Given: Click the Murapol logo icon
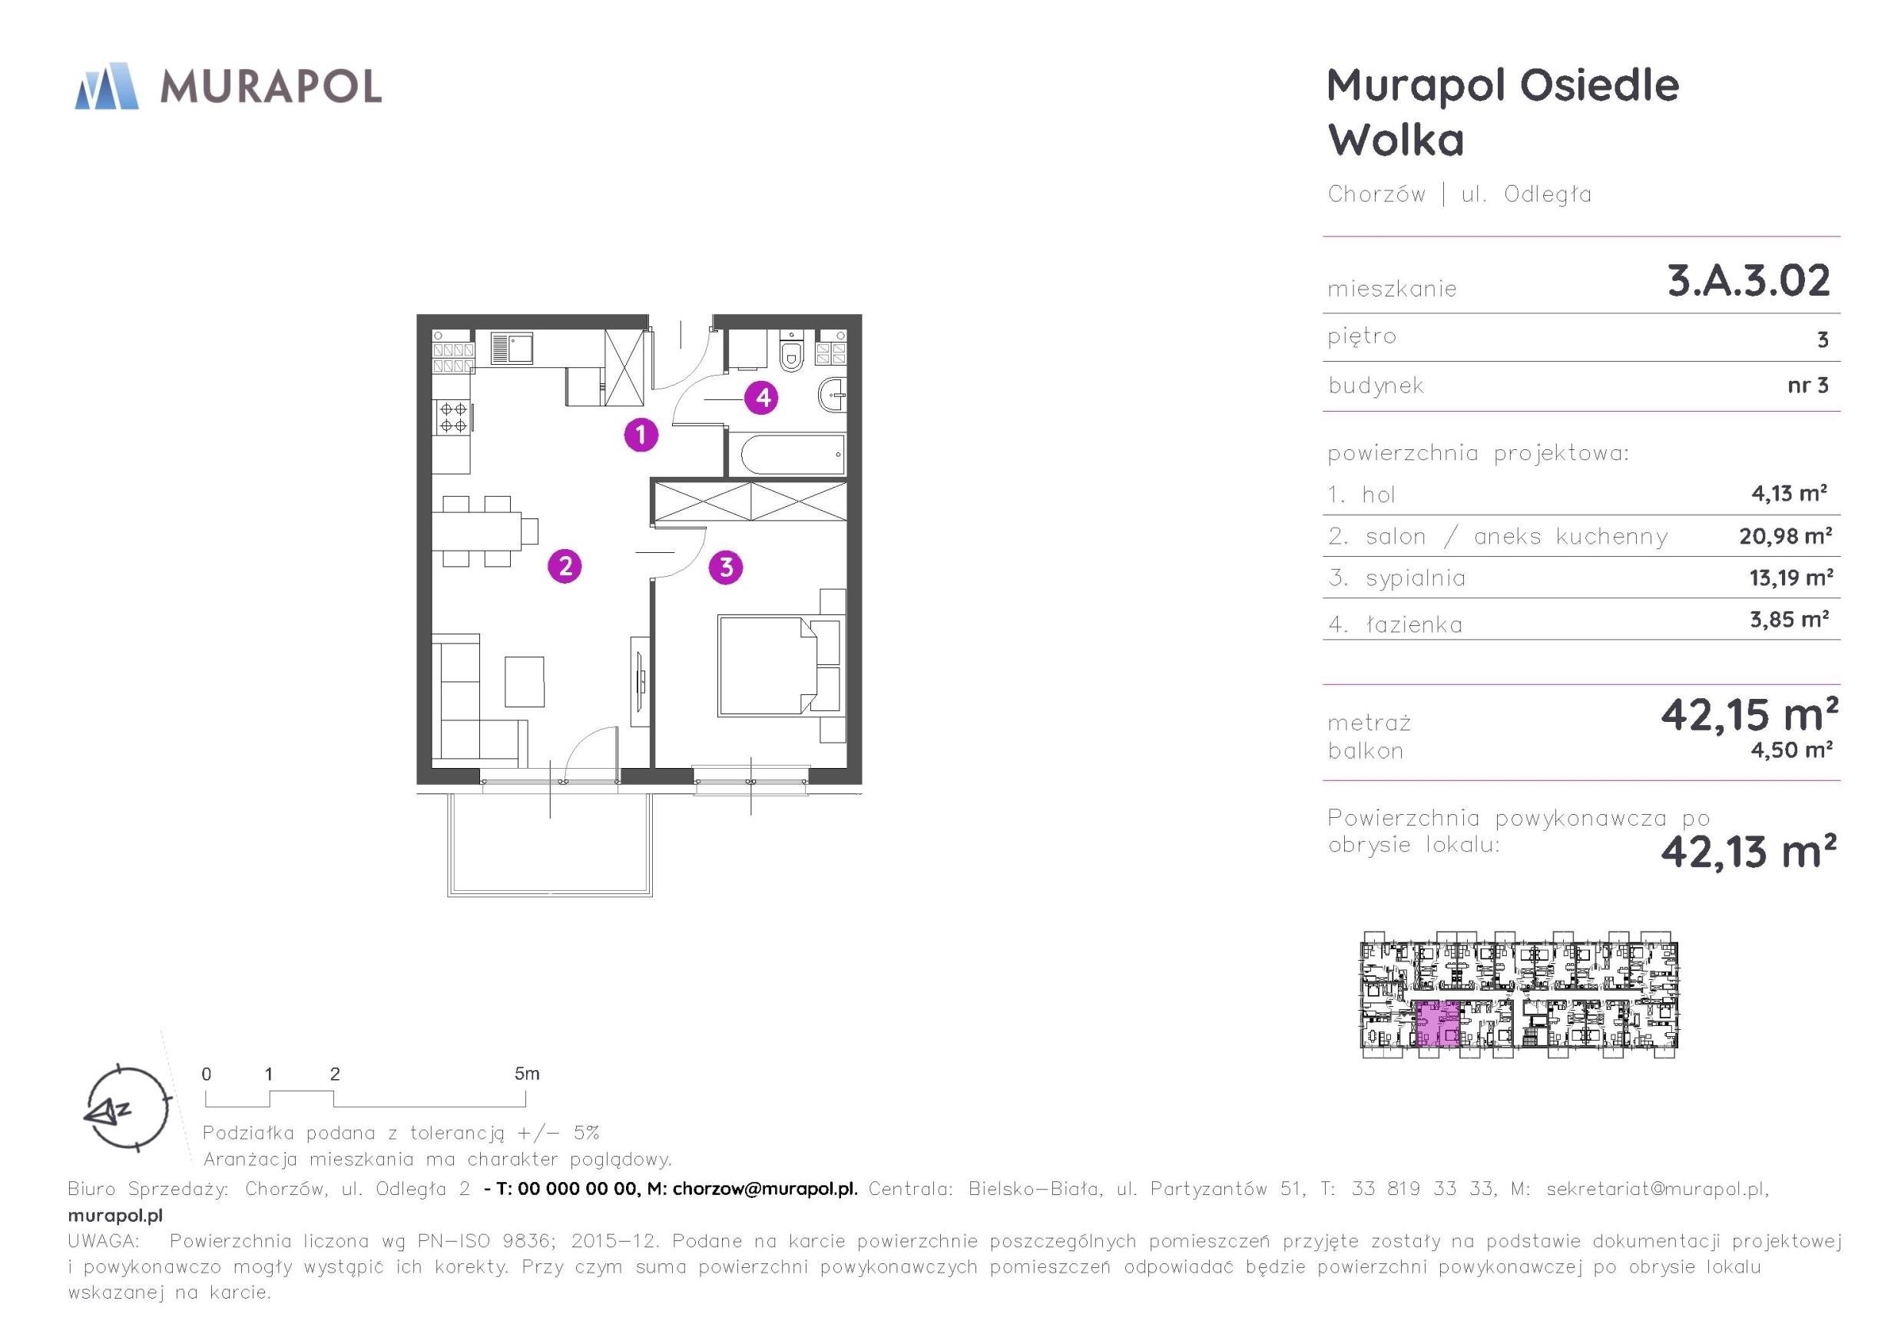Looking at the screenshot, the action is pos(107,85).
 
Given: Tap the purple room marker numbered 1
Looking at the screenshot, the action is pos(641,434).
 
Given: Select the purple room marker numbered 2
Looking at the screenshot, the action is pos(565,567).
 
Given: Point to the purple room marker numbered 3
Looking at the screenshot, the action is pos(726,568).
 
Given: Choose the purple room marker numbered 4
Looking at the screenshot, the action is pos(762,398).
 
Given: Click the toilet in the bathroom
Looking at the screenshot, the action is pos(793,350).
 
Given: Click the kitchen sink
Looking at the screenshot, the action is pos(511,348).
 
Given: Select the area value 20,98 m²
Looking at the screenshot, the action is pos(1785,536).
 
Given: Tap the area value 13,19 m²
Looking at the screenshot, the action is pos(1791,578).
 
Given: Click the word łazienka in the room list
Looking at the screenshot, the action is pos(1414,624).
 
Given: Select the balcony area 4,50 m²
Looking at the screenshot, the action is pos(1791,750).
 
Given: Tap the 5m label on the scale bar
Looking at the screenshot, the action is pos(527,1074).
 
